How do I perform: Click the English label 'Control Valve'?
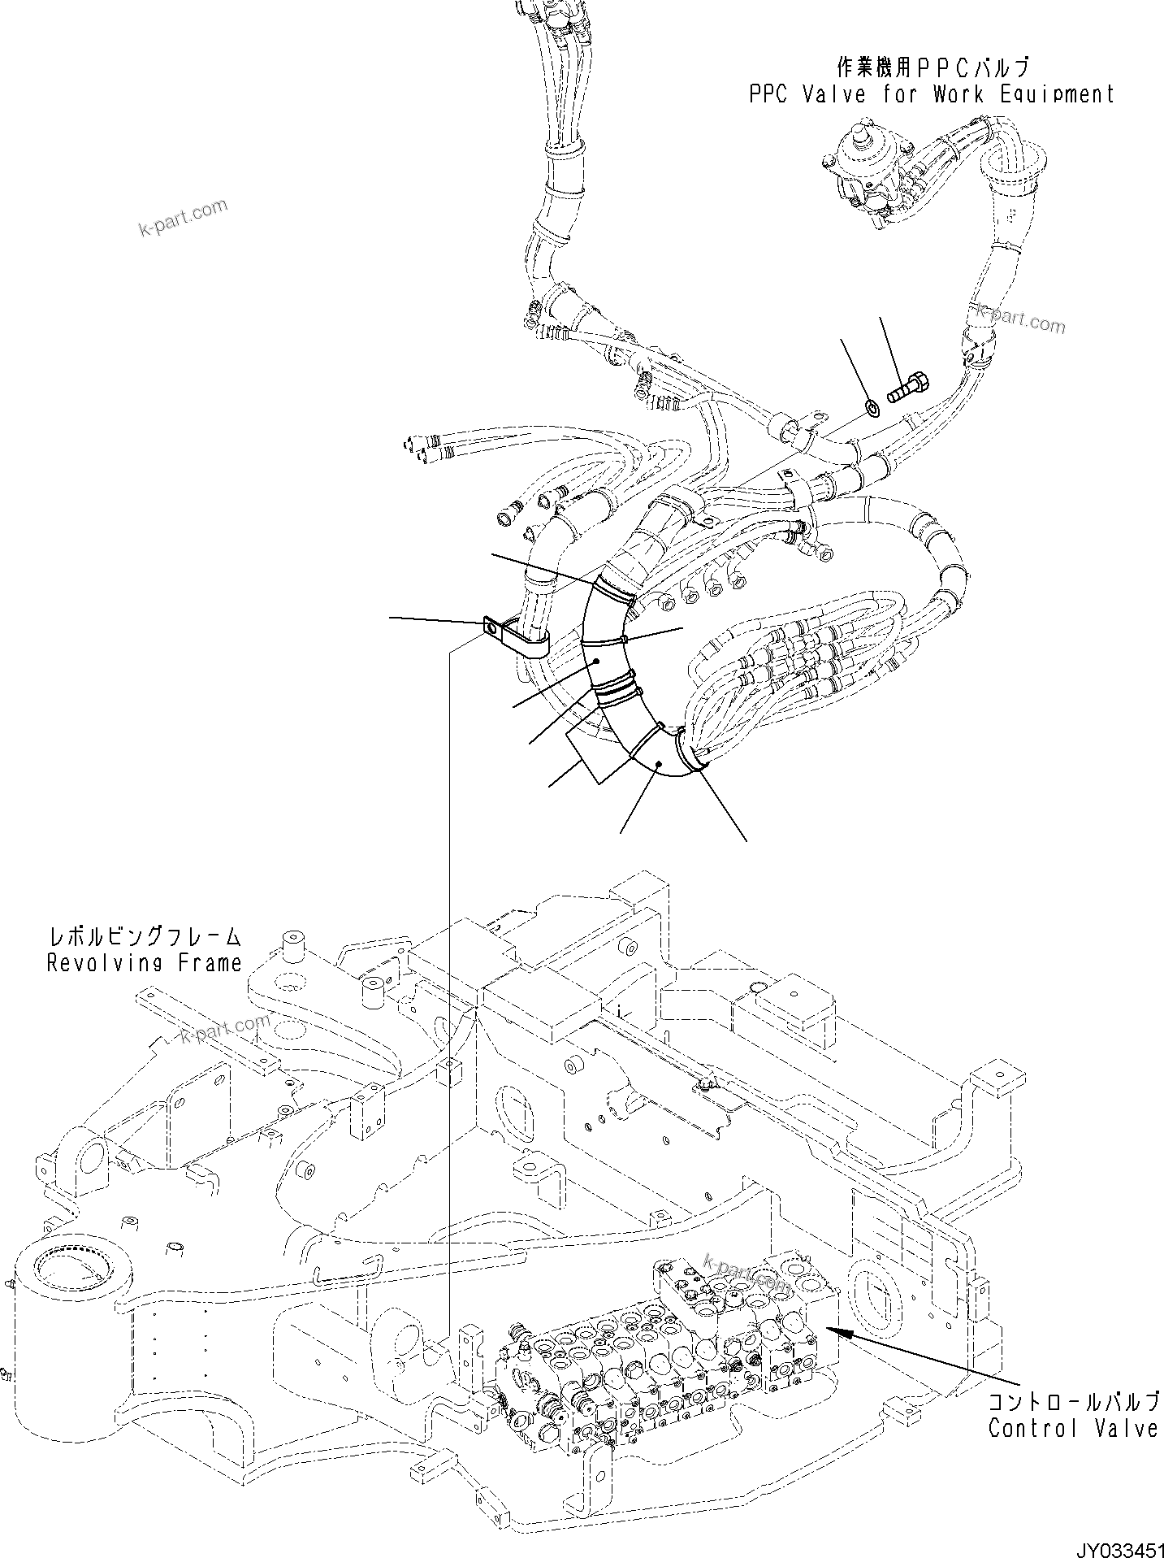[x=1072, y=1427]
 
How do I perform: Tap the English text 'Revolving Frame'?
[x=145, y=963]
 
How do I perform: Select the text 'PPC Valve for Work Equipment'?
[x=931, y=94]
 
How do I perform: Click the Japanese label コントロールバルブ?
[x=1075, y=1400]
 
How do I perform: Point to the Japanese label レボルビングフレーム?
[x=145, y=937]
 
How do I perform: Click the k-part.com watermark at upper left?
[x=184, y=218]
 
